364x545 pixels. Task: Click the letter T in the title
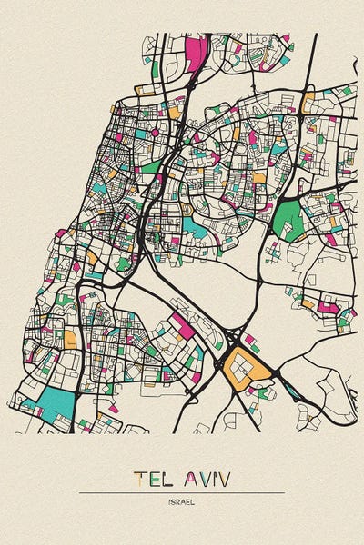click(138, 478)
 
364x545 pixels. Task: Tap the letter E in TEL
click(153, 478)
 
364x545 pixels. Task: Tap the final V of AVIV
click(225, 478)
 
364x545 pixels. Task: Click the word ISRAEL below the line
click(182, 500)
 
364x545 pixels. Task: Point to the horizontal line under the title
click(182, 492)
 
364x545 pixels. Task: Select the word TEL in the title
click(152, 478)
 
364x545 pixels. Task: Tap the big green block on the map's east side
click(290, 220)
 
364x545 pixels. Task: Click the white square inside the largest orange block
click(240, 364)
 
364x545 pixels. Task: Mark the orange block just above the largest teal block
click(69, 339)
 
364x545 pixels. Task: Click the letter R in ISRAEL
click(179, 500)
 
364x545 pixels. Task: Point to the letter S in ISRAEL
click(175, 500)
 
